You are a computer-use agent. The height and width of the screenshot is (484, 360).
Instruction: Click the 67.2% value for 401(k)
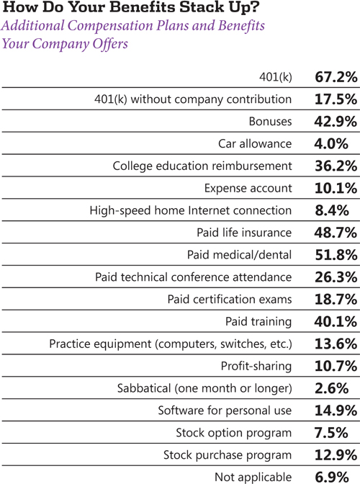[336, 77]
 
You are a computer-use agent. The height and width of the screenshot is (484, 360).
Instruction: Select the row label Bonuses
[270, 121]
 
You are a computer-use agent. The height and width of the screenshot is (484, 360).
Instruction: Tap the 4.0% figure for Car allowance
[331, 143]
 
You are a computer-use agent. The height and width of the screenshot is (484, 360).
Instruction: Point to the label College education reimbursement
[202, 166]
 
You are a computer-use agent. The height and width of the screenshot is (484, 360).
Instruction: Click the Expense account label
[248, 188]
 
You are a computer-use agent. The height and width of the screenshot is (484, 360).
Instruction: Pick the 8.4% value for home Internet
[332, 210]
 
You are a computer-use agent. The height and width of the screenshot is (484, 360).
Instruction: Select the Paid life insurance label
[244, 233]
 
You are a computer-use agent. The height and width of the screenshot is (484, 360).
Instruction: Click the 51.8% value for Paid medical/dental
[336, 255]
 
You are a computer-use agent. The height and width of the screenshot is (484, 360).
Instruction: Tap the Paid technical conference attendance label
[194, 277]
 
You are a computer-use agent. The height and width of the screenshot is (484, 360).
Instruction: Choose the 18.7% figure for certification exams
[336, 299]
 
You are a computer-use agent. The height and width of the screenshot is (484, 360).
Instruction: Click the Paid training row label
[258, 322]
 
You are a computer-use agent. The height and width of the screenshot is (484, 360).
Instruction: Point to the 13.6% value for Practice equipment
[336, 344]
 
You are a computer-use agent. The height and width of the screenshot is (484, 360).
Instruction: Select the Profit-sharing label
[256, 366]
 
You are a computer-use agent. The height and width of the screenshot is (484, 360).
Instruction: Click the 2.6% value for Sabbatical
[332, 388]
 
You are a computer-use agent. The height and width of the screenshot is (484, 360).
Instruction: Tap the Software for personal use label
[225, 411]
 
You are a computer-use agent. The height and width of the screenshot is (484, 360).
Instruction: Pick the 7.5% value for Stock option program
[331, 432]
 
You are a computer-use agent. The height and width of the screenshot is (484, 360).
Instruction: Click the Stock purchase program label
[228, 455]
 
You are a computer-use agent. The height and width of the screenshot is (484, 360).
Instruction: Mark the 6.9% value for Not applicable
[332, 477]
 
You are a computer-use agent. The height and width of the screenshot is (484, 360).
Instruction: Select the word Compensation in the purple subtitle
[110, 26]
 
